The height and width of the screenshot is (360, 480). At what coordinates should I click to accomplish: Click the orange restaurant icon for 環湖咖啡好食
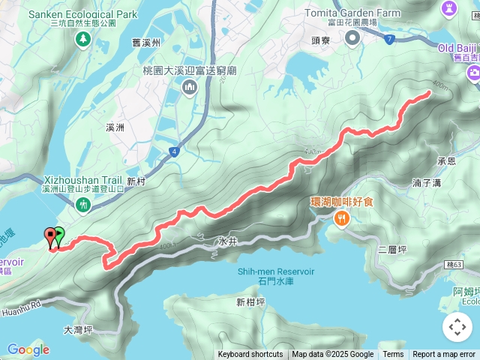(342, 218)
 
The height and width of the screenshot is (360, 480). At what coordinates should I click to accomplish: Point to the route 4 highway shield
(174, 151)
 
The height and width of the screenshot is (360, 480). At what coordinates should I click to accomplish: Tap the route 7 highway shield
(389, 39)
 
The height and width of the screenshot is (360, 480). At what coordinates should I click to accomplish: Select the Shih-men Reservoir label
(275, 271)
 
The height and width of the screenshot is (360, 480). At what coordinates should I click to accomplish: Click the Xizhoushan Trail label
(82, 180)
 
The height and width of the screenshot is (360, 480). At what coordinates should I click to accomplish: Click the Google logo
(28, 349)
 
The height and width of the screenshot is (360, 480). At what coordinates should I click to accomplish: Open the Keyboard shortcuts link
(250, 355)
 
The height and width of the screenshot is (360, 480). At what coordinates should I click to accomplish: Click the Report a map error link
(443, 355)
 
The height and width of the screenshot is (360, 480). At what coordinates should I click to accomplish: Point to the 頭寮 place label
(322, 40)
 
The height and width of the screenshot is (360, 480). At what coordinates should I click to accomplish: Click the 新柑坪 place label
(250, 302)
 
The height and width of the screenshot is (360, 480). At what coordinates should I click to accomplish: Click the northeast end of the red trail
(428, 93)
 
